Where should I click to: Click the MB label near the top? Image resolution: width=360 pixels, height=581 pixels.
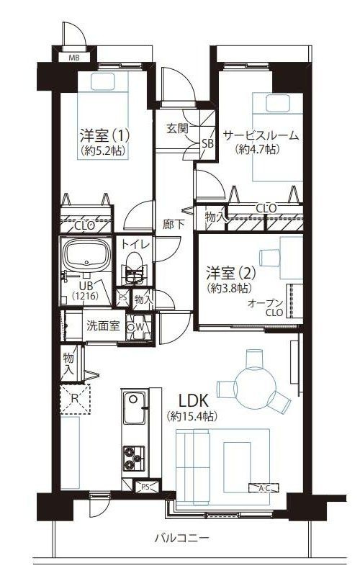point(74,58)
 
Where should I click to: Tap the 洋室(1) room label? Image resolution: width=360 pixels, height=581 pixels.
point(104,135)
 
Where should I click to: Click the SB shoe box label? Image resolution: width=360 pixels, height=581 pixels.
point(207,143)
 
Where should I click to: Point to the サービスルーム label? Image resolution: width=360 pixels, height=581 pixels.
point(260,135)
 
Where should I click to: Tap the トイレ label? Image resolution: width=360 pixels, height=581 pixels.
point(135,245)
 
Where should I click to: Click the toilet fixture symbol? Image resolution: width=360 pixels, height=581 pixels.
point(133,274)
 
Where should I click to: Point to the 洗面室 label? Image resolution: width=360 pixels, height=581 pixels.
point(102,325)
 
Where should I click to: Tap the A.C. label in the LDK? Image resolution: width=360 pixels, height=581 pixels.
point(264,489)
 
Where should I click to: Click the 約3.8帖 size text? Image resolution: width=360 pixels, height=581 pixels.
point(229,288)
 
